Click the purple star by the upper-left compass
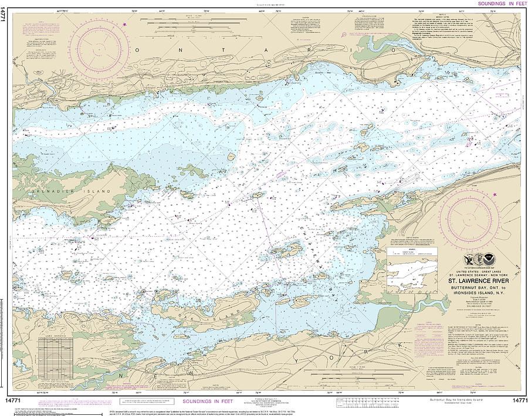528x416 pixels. [x=124, y=24]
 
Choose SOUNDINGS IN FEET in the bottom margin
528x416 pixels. [x=207, y=401]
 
